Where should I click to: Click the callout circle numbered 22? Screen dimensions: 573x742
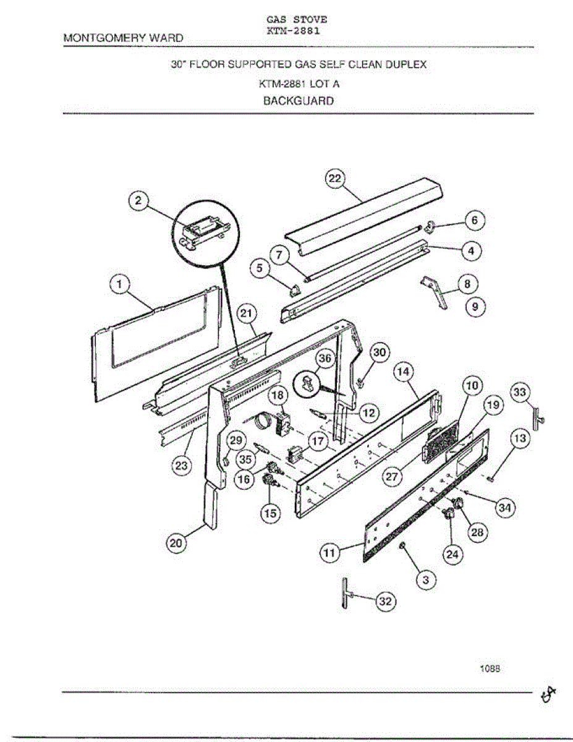coord(334,178)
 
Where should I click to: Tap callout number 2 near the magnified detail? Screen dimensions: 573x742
coord(139,200)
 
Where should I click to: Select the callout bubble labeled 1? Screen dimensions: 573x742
coord(120,285)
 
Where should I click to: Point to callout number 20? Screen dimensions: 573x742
coord(176,544)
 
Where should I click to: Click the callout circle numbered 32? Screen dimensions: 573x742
coord(386,602)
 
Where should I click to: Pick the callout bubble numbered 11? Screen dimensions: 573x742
coord(329,553)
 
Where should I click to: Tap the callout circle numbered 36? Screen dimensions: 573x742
coord(325,359)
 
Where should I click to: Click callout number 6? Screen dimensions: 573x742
coord(474,220)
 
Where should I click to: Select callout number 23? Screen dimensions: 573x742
coord(180,466)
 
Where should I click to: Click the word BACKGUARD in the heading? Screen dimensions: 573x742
coord(298,101)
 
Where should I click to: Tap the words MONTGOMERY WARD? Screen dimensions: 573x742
coord(124,38)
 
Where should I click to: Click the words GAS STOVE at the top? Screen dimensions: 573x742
coord(292,19)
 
